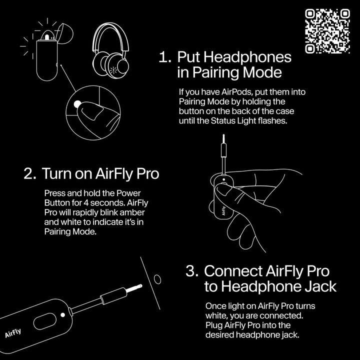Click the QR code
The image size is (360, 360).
327,31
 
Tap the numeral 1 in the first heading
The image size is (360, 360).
163,57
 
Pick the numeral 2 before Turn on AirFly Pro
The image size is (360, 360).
29,173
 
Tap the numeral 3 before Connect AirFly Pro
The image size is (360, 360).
192,271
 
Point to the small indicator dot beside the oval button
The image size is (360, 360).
62,314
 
